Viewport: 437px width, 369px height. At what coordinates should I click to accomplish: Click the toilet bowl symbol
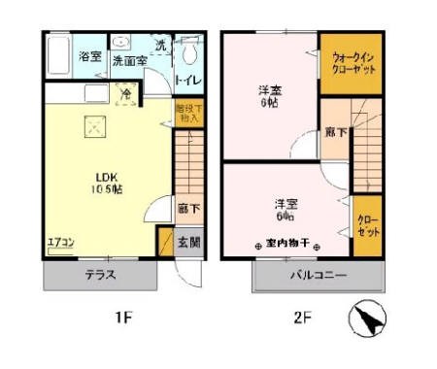coord(189,50)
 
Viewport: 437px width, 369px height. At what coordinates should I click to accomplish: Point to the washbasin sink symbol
coord(121,43)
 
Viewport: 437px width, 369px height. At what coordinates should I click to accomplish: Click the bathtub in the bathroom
coord(57,56)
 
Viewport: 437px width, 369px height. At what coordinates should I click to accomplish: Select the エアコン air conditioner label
coord(60,242)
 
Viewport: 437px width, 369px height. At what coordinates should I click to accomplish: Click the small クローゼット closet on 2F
coord(367,227)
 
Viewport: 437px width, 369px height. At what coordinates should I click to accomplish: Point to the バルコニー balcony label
coord(319,276)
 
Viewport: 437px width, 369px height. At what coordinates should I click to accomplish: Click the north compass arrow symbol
coord(365,318)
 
